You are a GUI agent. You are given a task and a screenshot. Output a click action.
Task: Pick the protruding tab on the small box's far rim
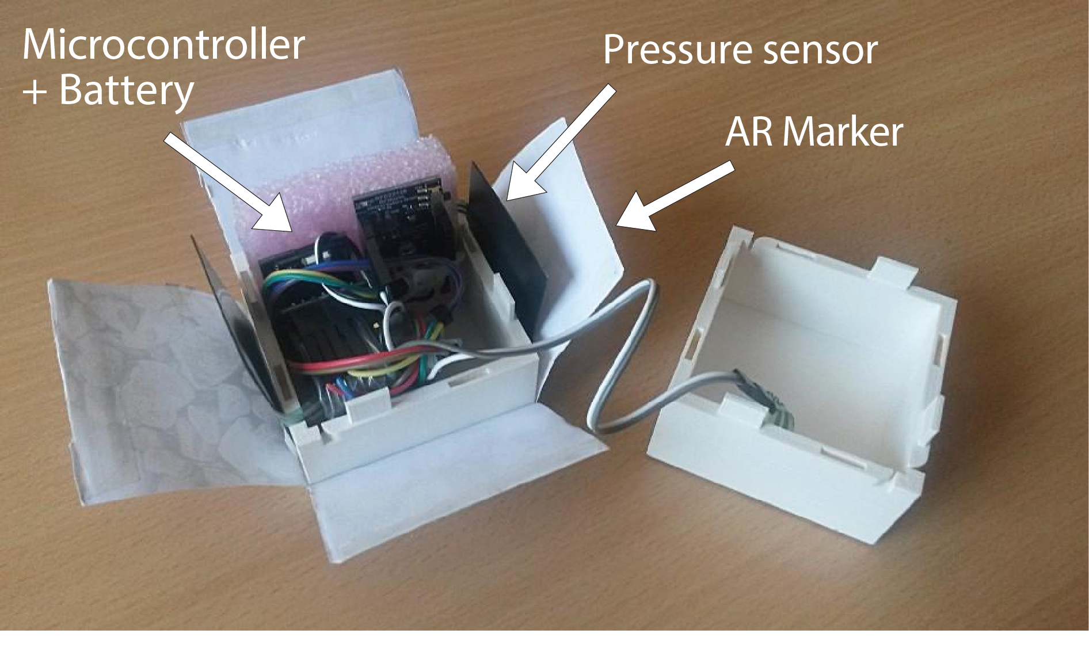click(x=892, y=270)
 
